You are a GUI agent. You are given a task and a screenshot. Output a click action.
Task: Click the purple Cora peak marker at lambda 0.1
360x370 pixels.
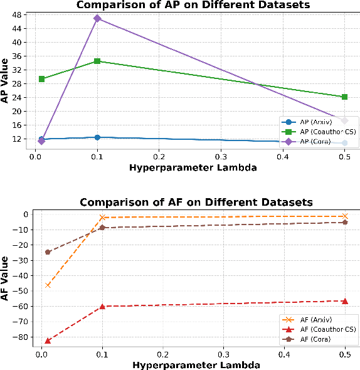97,18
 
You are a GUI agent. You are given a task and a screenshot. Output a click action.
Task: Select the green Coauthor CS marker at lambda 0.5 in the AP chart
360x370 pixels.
344,97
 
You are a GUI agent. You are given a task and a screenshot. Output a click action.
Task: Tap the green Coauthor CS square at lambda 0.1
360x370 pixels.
97,61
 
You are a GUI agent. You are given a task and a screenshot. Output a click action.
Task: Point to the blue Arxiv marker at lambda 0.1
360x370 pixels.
97,137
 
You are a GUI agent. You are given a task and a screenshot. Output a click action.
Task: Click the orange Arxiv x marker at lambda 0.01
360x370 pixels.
48,285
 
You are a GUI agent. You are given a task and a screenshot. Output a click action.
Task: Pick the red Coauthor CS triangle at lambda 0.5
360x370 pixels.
344,301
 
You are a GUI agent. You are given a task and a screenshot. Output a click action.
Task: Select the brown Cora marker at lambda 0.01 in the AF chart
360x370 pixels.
48,252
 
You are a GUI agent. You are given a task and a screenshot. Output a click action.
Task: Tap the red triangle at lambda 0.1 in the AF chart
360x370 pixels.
102,306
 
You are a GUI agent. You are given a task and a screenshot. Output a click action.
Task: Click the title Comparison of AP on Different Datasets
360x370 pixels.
193,5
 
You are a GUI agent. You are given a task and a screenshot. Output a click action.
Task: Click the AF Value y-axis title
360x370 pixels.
6,278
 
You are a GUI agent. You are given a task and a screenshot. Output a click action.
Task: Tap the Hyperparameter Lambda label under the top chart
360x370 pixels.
193,167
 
